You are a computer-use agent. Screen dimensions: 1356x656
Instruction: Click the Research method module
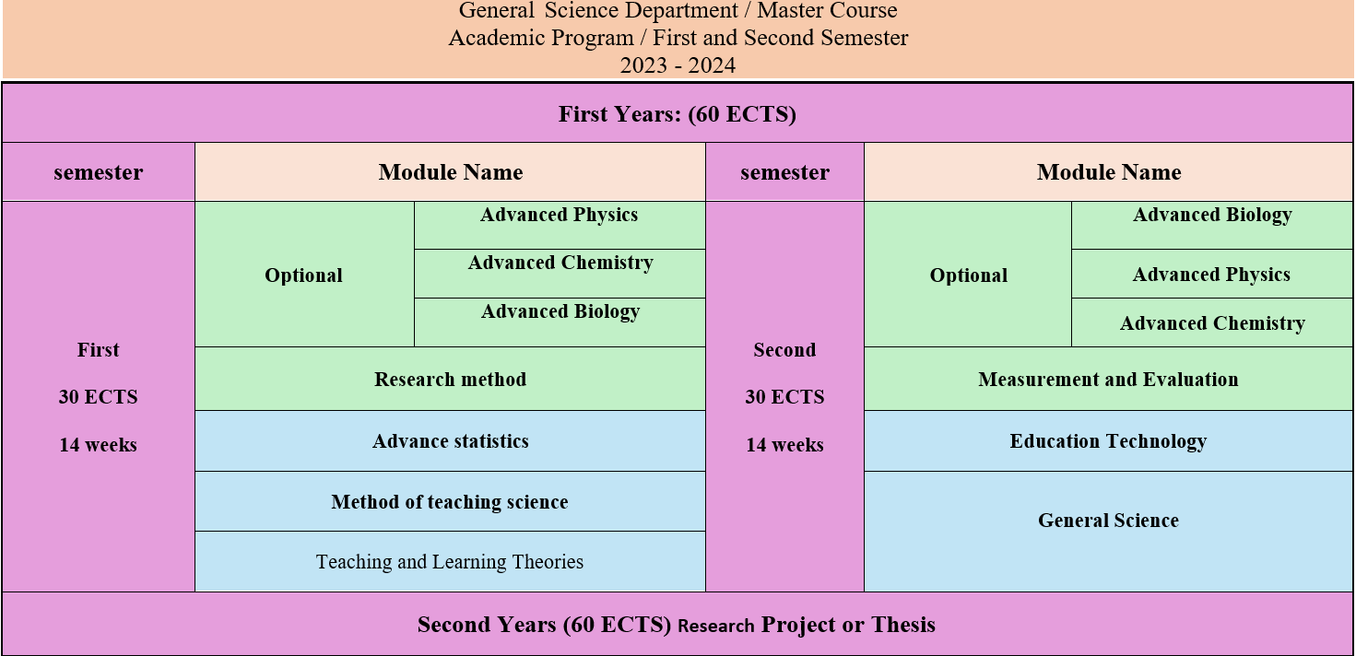point(451,380)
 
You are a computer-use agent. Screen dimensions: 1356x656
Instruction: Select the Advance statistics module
point(451,441)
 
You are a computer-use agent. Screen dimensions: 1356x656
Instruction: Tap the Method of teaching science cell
point(450,502)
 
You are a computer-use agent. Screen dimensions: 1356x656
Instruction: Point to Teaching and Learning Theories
point(450,562)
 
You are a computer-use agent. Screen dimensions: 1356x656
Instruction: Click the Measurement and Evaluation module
point(1108,380)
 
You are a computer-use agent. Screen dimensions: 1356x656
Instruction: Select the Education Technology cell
point(1108,441)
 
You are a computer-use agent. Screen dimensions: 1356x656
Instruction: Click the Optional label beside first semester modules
point(303,275)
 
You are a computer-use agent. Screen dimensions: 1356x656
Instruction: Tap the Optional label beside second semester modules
point(969,275)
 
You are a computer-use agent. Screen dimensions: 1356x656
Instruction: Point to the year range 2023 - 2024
point(678,65)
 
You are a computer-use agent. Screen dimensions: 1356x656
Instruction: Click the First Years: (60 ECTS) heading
point(678,114)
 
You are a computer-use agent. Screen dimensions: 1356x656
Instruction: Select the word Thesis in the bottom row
point(903,625)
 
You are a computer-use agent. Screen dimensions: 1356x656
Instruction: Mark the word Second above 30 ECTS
point(784,350)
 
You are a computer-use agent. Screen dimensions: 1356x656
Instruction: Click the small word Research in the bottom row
point(716,626)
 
